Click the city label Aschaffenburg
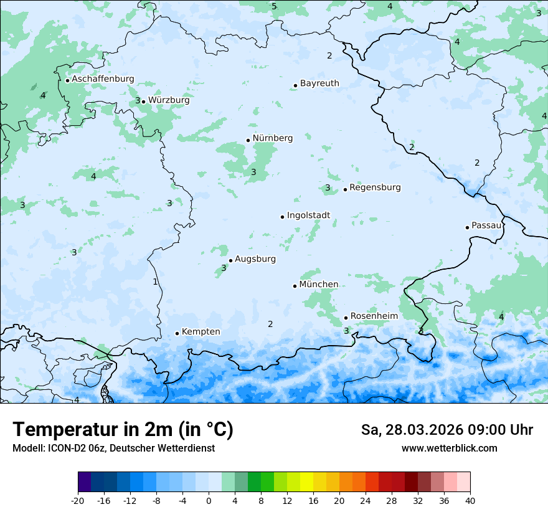(x=103, y=79)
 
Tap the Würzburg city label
(x=169, y=100)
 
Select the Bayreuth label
(x=319, y=83)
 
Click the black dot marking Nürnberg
(x=248, y=140)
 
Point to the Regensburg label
(x=375, y=187)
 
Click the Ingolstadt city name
(x=308, y=216)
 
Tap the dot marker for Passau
(x=467, y=227)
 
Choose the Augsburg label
(x=255, y=259)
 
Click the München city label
(x=319, y=285)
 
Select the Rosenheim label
(x=374, y=316)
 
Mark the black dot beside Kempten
(x=177, y=333)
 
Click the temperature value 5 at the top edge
(x=274, y=6)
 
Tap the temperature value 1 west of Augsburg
(x=155, y=282)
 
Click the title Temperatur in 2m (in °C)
(x=123, y=430)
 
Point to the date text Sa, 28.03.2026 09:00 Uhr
(x=446, y=430)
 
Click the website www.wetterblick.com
(x=449, y=448)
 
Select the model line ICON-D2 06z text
(x=113, y=448)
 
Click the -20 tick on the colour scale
(x=78, y=500)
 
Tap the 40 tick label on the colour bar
(x=470, y=500)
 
